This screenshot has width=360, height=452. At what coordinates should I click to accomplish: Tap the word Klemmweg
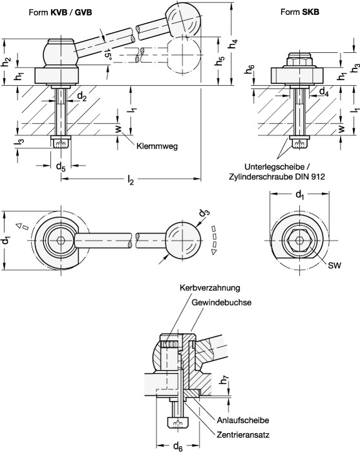157,146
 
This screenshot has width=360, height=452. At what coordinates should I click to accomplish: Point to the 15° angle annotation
107,54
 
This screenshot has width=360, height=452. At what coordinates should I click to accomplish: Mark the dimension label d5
61,167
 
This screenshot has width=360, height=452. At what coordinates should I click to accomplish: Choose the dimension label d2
82,97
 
